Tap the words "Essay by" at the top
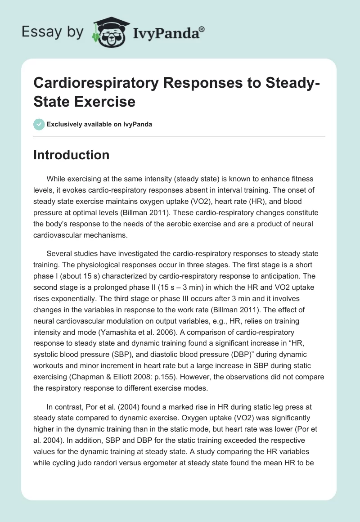[53, 32]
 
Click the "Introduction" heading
[71, 155]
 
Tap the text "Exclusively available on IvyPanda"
[99, 124]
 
